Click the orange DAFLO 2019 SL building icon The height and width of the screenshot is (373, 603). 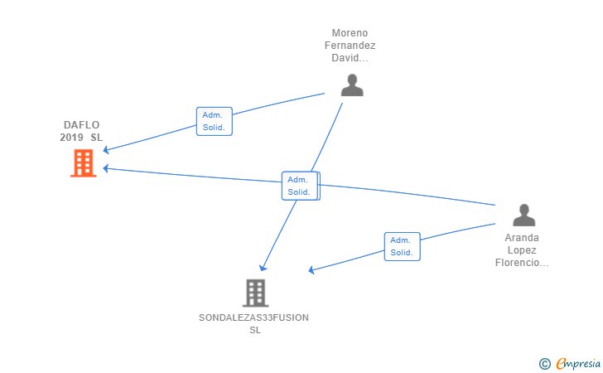pyautogui.click(x=83, y=163)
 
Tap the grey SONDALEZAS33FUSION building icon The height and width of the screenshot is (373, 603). pyautogui.click(x=255, y=293)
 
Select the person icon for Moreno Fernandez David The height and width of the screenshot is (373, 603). pyautogui.click(x=352, y=85)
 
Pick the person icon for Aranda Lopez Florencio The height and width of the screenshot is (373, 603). pyautogui.click(x=523, y=216)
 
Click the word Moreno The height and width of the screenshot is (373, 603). pyautogui.click(x=350, y=33)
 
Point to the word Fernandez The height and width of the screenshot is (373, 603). pyautogui.click(x=350, y=46)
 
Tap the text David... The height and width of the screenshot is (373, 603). pyautogui.click(x=350, y=58)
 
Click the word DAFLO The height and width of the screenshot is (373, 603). pyautogui.click(x=81, y=124)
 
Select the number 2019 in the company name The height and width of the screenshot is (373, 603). pyautogui.click(x=71, y=137)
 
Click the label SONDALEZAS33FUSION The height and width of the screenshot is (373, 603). pyautogui.click(x=253, y=317)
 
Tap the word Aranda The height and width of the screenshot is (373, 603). pyautogui.click(x=522, y=238)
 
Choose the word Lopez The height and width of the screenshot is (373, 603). pyautogui.click(x=522, y=250)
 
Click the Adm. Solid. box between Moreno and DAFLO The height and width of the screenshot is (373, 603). pyautogui.click(x=215, y=121)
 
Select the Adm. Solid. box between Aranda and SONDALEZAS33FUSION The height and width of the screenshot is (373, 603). pyautogui.click(x=402, y=246)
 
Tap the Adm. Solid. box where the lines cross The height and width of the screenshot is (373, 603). pyautogui.click(x=300, y=186)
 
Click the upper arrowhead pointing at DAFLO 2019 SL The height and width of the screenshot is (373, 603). pyautogui.click(x=106, y=149)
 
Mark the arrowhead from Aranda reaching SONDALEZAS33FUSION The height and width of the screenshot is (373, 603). pyautogui.click(x=312, y=270)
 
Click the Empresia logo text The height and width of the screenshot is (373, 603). pyautogui.click(x=578, y=363)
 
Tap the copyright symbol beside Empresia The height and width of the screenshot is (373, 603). pyautogui.click(x=544, y=364)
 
